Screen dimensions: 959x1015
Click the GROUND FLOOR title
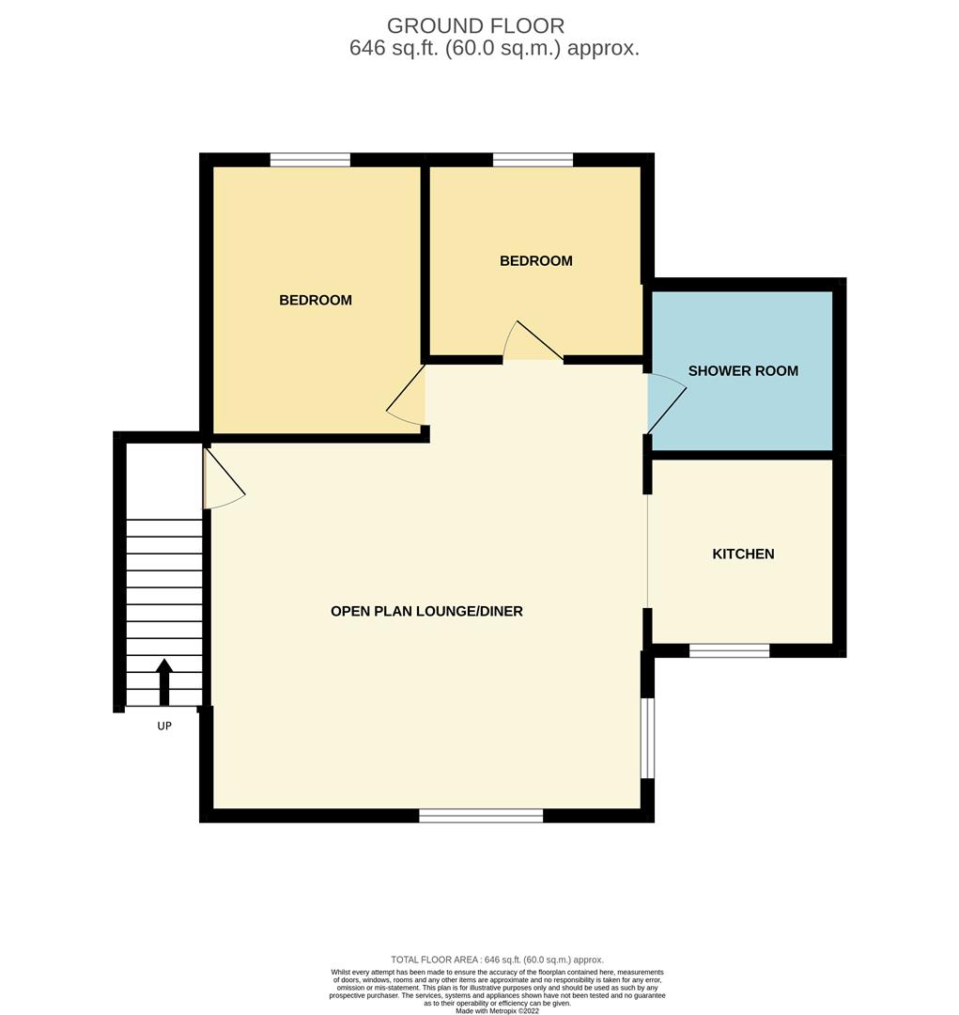[x=475, y=26]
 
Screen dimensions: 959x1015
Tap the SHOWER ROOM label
[x=743, y=371]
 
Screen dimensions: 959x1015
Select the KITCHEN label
[x=743, y=554]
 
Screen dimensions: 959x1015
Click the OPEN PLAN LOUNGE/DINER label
[x=426, y=611]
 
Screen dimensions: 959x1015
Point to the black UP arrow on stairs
[x=164, y=681]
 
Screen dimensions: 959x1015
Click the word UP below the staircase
[x=164, y=726]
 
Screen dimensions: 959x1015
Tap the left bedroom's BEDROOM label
[x=316, y=301]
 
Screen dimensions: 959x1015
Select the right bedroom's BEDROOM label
[x=535, y=261]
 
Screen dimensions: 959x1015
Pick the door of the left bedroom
[x=406, y=395]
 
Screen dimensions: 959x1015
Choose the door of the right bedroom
[x=533, y=340]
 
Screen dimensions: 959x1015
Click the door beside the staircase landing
[x=224, y=479]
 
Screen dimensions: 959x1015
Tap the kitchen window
[x=729, y=650]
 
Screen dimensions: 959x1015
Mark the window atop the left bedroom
[x=310, y=160]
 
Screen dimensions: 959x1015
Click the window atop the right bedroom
[x=533, y=160]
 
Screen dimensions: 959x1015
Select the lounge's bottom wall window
[x=481, y=816]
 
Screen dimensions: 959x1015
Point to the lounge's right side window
[x=647, y=738]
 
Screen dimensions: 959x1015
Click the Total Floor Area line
[x=497, y=960]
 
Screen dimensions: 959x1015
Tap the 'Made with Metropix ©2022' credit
[x=497, y=1010]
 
